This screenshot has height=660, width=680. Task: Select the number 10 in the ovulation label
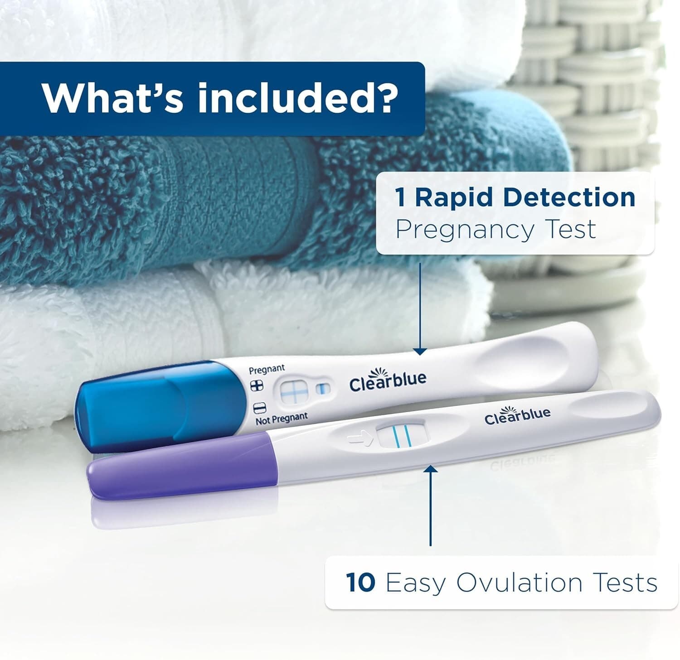pos(360,582)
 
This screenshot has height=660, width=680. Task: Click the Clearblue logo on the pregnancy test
pos(388,381)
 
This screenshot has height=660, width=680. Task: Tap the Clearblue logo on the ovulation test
pos(517,415)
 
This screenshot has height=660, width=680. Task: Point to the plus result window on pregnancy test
pos(293,391)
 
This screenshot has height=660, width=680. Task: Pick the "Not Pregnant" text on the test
pos(282,419)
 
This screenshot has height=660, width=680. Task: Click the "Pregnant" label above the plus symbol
pos(267,369)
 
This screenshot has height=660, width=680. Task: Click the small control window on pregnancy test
pos(322,389)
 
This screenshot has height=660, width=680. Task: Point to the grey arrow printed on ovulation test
pos(358,438)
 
